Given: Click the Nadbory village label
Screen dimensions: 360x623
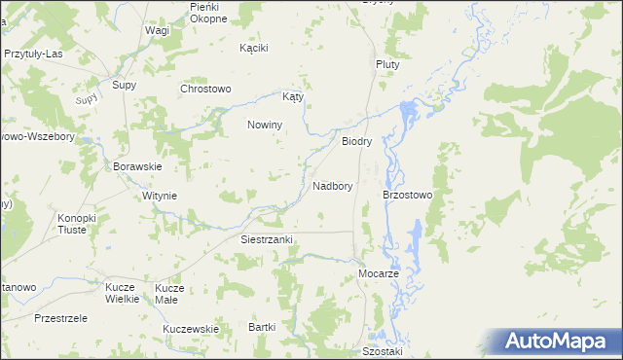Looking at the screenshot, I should click(x=333, y=185).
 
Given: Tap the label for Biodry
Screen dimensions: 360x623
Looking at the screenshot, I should click(x=357, y=141).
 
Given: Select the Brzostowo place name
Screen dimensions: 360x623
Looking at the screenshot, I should click(x=414, y=195).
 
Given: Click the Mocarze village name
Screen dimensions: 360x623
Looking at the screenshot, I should click(x=380, y=274).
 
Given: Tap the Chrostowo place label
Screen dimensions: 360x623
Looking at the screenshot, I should click(x=205, y=89).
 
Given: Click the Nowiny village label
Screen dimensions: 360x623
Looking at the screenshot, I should click(x=265, y=125).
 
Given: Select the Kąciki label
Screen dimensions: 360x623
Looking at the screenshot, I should click(x=253, y=47).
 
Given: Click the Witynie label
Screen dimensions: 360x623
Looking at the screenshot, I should click(x=160, y=196).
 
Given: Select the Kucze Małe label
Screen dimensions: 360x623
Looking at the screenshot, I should click(x=169, y=294).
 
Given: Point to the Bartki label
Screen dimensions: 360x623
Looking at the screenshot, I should click(x=263, y=327).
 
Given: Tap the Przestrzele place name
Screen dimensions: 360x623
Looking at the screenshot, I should click(x=60, y=318).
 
